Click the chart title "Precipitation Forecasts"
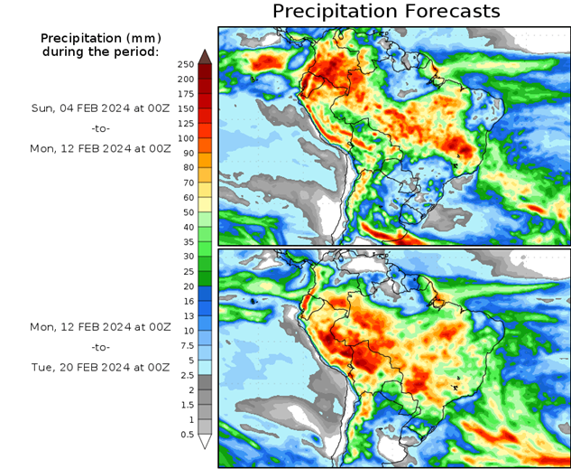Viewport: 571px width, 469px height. [385, 12]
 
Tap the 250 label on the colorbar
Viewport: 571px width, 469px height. [187, 64]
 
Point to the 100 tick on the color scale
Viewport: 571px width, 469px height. [187, 138]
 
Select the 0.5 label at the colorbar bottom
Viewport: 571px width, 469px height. [187, 435]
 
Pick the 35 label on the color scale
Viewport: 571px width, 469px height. [187, 242]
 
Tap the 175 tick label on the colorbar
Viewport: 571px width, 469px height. [187, 94]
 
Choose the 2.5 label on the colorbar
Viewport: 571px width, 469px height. [187, 375]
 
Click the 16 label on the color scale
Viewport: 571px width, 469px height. [187, 301]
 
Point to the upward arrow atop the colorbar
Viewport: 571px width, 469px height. [205, 57]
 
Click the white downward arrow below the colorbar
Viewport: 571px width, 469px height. [205, 442]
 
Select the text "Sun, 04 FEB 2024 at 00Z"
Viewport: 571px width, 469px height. [100, 108]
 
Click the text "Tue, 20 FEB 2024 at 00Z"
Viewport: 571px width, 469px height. [100, 367]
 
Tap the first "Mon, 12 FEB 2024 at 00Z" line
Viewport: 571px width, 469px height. [100, 147]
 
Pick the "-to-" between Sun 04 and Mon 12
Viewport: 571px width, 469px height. [100, 128]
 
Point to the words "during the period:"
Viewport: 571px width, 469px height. [100, 52]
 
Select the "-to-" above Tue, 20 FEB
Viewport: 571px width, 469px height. [100, 347]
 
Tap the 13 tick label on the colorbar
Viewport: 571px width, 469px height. [187, 316]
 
